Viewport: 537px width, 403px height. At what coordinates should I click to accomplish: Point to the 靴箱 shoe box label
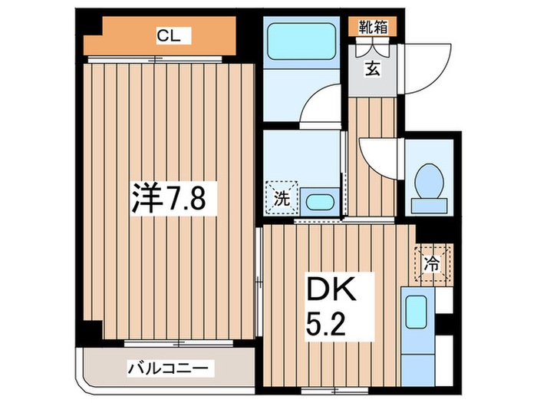pyautogui.click(x=374, y=26)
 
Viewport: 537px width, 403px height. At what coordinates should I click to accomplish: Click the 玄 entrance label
pyautogui.click(x=372, y=70)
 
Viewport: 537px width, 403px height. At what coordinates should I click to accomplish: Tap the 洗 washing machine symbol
pyautogui.click(x=282, y=197)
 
